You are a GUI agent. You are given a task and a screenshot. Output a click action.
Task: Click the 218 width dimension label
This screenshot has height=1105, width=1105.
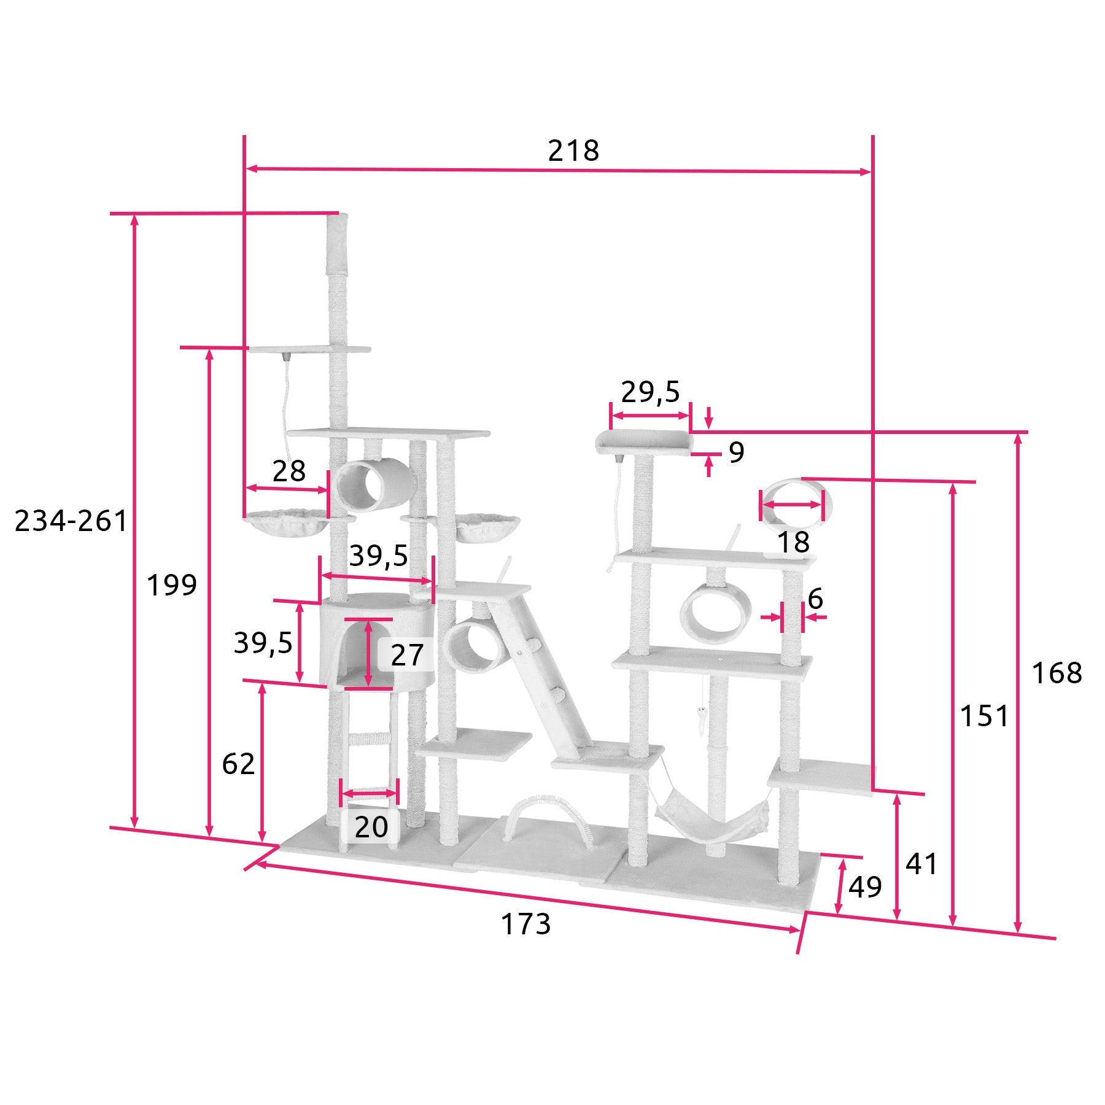pyautogui.click(x=573, y=150)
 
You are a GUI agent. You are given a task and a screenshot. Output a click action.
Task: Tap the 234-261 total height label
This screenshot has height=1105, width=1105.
pyautogui.click(x=71, y=521)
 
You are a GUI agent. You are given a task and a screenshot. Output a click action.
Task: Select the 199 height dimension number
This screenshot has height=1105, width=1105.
pyautogui.click(x=172, y=585)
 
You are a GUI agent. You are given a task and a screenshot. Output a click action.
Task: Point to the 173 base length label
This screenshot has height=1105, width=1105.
pyautogui.click(x=526, y=924)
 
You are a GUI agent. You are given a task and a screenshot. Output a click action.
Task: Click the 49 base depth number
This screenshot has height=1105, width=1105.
pyautogui.click(x=865, y=886)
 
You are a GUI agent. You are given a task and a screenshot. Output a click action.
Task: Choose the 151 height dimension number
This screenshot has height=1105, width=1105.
pyautogui.click(x=985, y=716)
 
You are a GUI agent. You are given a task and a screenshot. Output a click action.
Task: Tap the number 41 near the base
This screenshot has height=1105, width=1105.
pyautogui.click(x=921, y=864)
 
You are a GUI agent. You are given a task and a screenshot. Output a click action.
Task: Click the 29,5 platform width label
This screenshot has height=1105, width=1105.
pyautogui.click(x=651, y=392)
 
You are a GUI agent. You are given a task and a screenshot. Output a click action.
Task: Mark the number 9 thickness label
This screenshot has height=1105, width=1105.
pyautogui.click(x=737, y=452)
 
